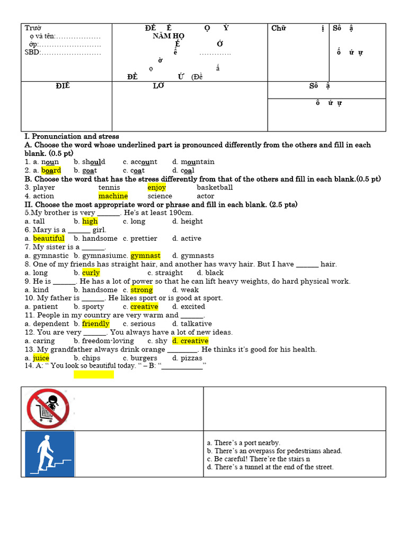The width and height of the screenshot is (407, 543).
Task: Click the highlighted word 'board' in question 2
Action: tap(51, 170)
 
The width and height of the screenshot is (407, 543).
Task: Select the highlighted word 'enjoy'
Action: tap(156, 187)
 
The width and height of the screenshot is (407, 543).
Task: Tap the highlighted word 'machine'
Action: tap(113, 196)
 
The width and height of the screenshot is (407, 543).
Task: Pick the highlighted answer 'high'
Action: tap(90, 221)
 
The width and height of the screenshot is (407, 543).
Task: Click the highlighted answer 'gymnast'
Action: tap(145, 256)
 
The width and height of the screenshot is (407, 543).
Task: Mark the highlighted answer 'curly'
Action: tap(91, 273)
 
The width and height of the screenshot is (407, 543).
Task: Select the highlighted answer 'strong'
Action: tap(141, 290)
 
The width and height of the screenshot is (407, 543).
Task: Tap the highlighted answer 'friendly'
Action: tap(96, 323)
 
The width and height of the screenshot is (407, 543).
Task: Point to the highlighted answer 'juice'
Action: tap(41, 358)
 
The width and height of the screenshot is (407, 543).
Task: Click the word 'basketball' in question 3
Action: tap(215, 187)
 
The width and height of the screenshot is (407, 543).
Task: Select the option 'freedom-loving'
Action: tap(108, 340)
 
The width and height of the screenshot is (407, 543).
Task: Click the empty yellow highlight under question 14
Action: tap(94, 374)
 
